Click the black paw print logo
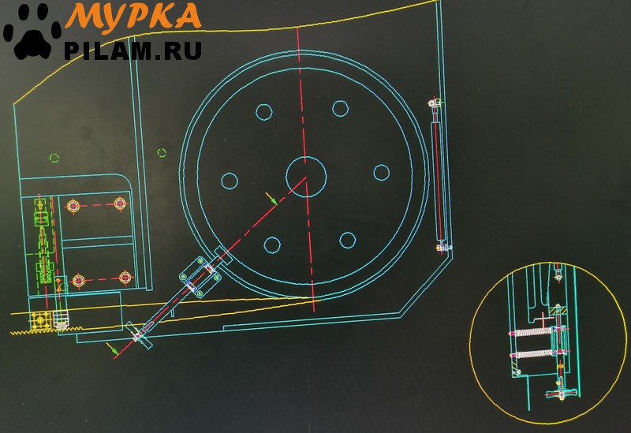(x=32, y=33)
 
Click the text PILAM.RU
(x=133, y=50)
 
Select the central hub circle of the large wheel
(x=306, y=176)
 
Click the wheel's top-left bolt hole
(x=264, y=112)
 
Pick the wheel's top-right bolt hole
(x=340, y=108)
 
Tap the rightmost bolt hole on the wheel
(x=381, y=173)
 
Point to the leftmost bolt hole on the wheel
(x=230, y=181)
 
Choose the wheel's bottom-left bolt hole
(x=272, y=244)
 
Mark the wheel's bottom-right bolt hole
(x=347, y=241)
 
